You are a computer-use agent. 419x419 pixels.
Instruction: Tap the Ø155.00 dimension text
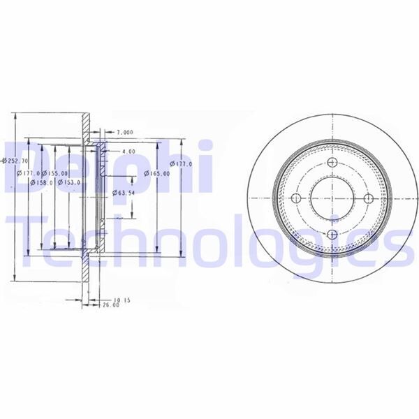pos(55,173)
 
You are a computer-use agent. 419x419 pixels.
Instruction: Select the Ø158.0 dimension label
pos(40,183)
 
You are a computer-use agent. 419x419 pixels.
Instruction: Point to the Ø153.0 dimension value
pos(69,183)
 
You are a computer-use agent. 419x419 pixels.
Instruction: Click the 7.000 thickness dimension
pos(125,132)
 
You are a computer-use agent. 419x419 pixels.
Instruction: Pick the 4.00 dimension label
pos(128,151)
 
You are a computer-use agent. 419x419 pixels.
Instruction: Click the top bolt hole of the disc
pos(332,163)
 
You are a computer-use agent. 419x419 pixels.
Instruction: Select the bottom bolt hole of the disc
pos(332,235)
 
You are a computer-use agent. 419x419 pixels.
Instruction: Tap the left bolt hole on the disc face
pos(295,199)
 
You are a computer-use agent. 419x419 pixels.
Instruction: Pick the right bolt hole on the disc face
pos(369,199)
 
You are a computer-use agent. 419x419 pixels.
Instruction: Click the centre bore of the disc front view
pos(332,199)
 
